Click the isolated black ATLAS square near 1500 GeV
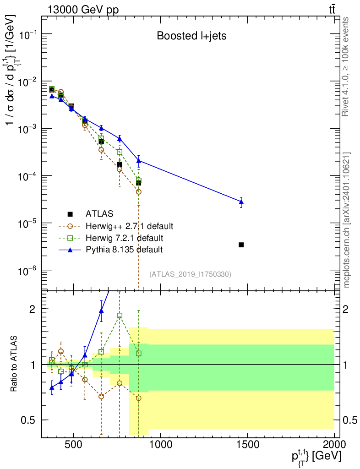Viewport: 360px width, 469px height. [x=241, y=245]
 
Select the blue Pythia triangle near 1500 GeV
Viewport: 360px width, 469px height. [x=241, y=202]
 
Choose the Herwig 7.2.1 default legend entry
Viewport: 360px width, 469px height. [x=111, y=238]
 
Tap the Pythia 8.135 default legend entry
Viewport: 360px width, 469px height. [x=111, y=250]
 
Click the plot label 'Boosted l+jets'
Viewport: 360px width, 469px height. [x=191, y=36]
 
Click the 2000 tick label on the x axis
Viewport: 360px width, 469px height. [x=334, y=444]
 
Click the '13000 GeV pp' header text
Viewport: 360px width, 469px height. [x=83, y=10]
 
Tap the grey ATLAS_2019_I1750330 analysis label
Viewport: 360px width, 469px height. [x=191, y=274]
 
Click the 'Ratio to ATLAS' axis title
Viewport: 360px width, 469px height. [x=14, y=364]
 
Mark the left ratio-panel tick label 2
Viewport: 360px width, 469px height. [x=33, y=309]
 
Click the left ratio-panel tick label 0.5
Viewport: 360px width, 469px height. [x=28, y=420]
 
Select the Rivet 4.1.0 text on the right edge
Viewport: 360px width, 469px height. [x=345, y=67]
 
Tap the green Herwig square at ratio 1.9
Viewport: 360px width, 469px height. [x=120, y=316]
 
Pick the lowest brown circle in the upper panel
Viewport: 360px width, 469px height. [x=139, y=192]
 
